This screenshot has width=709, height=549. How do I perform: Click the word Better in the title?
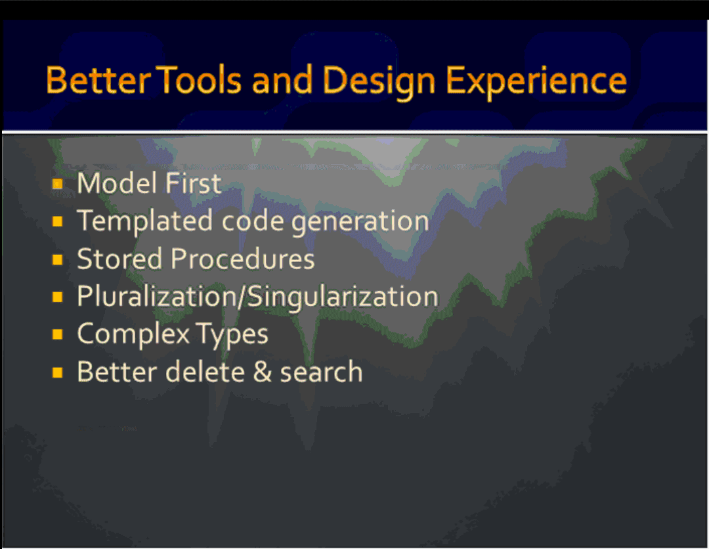pos(98,80)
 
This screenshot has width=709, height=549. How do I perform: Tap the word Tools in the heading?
pos(201,80)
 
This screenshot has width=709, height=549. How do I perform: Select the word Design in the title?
pos(379,82)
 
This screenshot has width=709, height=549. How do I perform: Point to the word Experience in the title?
pos(536,82)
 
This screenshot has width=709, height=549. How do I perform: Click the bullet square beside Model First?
pos(57,184)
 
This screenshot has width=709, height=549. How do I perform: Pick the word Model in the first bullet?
pos(117,183)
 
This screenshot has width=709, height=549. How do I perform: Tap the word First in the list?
pos(193,183)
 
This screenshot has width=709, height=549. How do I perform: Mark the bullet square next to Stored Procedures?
pos(57,259)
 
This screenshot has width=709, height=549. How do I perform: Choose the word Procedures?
pos(243,259)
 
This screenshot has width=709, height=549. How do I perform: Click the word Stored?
pos(120,259)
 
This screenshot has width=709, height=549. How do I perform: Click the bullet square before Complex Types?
pos(57,334)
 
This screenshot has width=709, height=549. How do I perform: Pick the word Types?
pos(233,336)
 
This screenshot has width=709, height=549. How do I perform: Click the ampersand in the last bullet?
pos(262,372)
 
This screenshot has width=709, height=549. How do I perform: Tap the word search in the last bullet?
pos(322,372)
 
